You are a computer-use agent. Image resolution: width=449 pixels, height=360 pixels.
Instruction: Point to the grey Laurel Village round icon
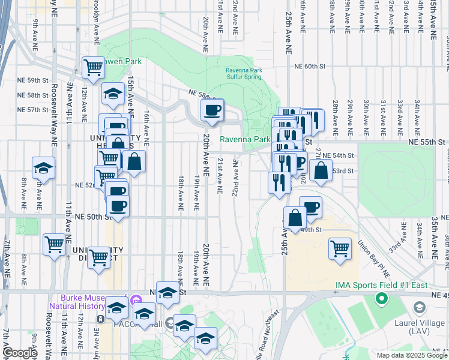click(420, 308)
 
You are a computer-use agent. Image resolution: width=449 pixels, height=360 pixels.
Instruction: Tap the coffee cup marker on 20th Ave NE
click(212, 110)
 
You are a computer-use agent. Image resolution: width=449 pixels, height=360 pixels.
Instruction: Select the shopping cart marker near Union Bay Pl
click(340, 248)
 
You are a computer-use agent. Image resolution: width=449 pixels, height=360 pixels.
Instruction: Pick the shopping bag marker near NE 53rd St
click(321, 170)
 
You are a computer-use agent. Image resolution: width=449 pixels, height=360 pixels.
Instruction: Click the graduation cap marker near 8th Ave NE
click(43, 169)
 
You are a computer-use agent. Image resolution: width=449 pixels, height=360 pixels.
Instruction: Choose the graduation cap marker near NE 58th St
click(112, 94)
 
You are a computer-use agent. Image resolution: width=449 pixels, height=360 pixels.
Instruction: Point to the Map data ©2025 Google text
click(411, 355)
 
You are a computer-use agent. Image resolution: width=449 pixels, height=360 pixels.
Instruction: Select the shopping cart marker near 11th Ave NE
click(54, 245)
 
